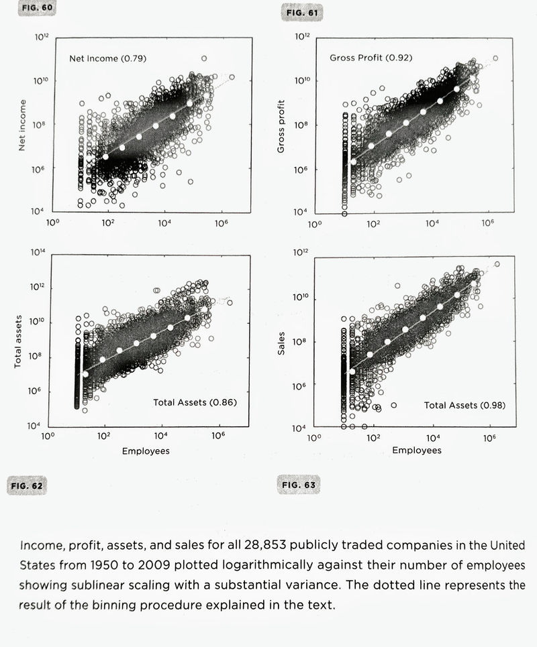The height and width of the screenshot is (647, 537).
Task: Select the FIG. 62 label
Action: click(28, 484)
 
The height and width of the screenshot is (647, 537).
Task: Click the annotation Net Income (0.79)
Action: click(108, 58)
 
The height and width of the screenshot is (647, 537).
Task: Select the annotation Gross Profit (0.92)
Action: click(371, 58)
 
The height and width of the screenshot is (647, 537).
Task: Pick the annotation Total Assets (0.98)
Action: click(465, 405)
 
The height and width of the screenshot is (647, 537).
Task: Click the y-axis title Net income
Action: click(22, 125)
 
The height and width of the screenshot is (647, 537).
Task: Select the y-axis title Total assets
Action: click(19, 341)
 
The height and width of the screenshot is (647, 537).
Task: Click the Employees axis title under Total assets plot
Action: click(146, 451)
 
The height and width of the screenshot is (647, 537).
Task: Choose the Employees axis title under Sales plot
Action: click(417, 451)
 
